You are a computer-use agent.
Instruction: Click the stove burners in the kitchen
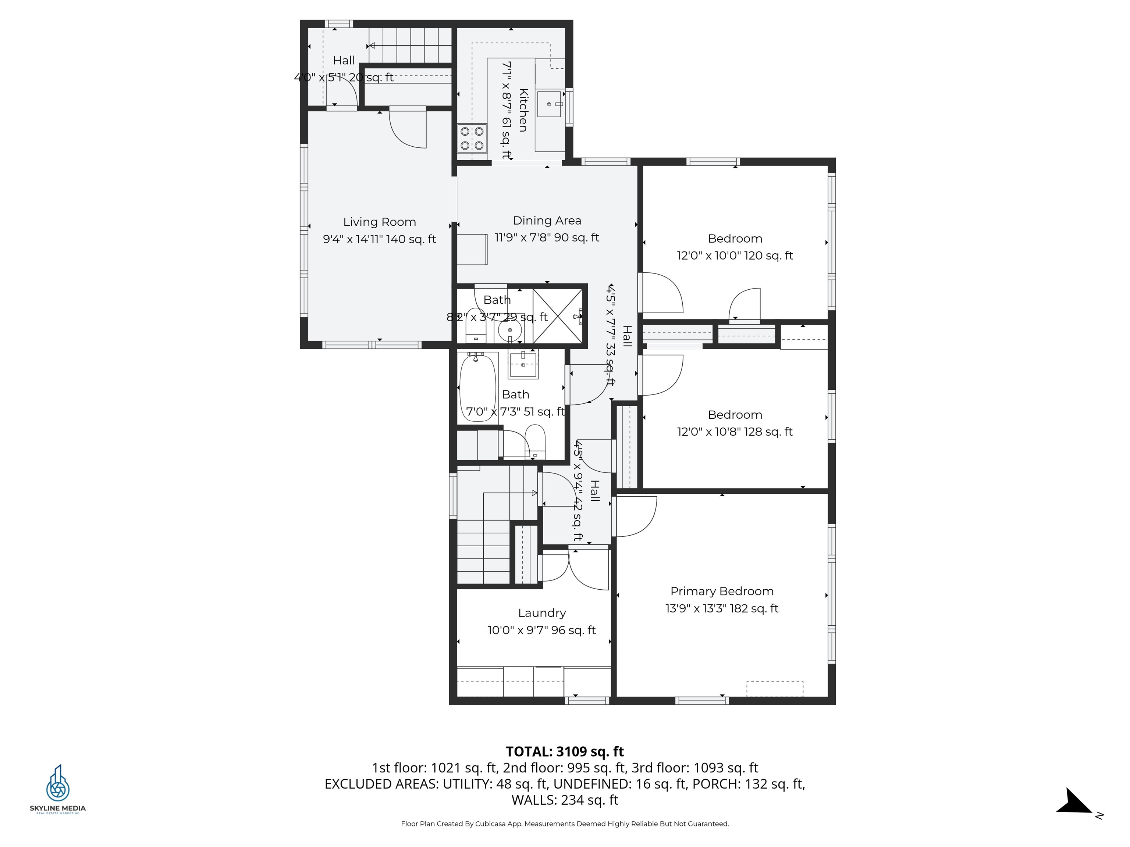point(472,138)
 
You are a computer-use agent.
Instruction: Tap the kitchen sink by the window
point(549,104)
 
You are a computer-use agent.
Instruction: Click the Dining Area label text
point(547,221)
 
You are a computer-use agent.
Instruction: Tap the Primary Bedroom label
point(721,591)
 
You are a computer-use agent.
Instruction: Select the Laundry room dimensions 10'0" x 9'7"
point(541,630)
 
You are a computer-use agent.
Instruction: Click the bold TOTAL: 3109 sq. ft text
point(565,751)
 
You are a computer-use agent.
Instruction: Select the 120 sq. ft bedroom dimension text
point(735,255)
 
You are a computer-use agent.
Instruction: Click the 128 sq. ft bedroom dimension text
point(735,432)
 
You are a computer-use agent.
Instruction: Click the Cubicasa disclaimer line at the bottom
point(565,823)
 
